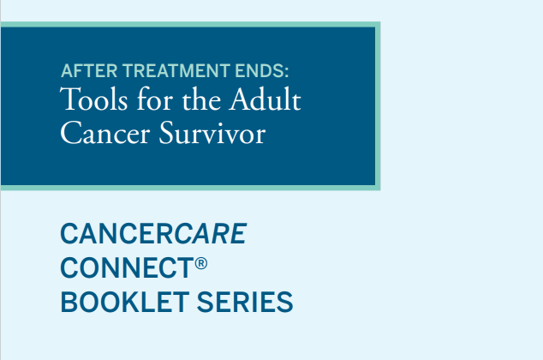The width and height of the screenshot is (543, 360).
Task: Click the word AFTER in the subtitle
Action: click(82, 71)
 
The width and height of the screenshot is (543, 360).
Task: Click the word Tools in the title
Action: click(86, 102)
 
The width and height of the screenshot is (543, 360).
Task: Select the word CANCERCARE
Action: click(153, 233)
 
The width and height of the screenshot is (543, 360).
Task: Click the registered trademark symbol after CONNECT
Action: click(200, 262)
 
